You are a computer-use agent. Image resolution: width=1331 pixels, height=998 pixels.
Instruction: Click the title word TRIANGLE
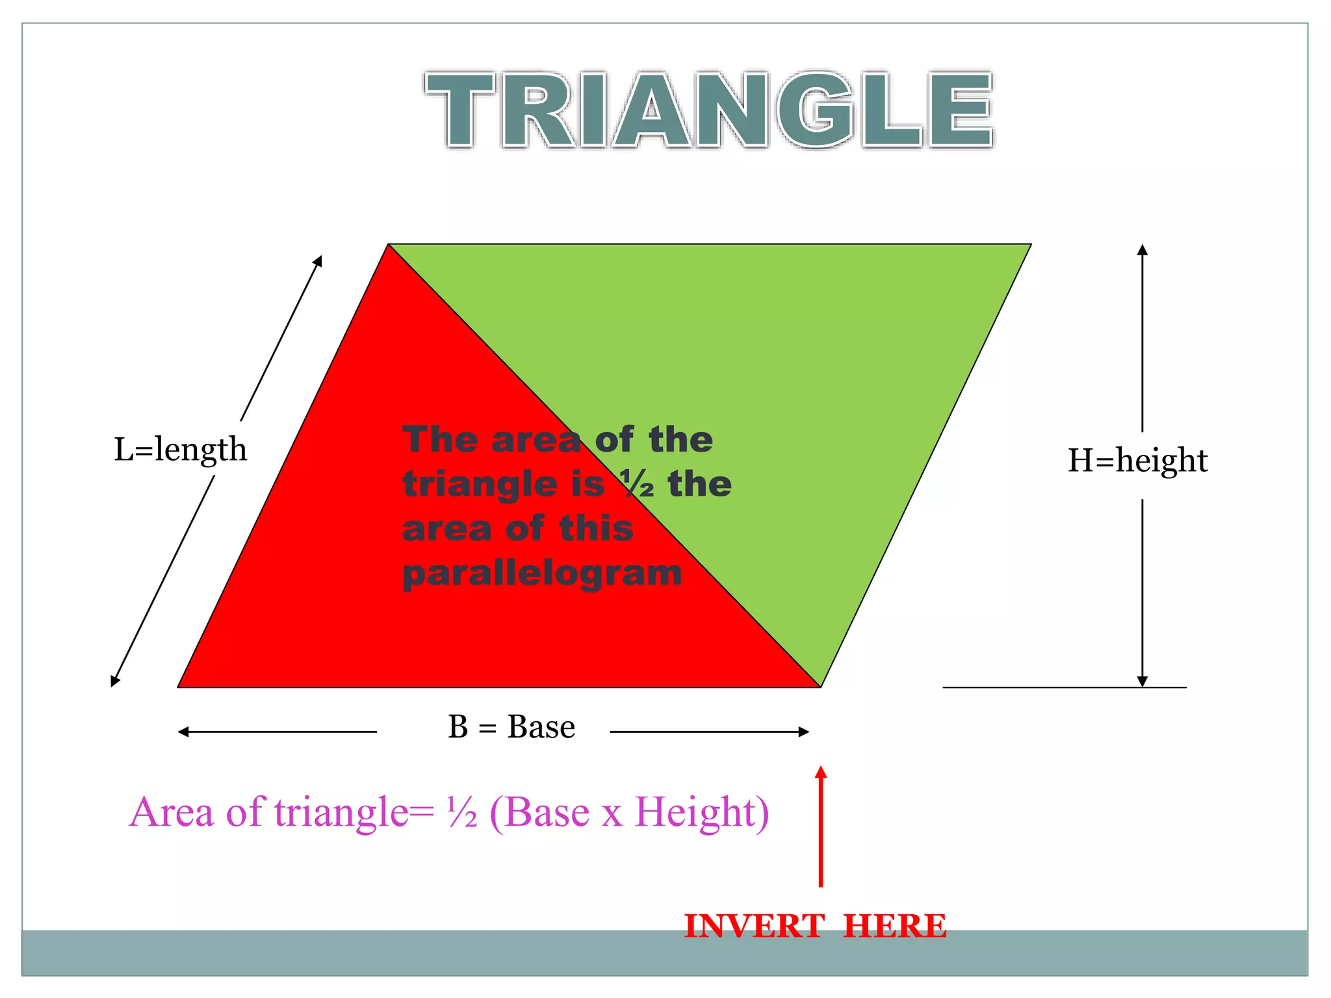[709, 109]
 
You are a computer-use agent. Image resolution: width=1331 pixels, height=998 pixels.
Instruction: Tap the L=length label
[180, 449]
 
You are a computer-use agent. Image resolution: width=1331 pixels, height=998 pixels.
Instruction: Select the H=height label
[1137, 460]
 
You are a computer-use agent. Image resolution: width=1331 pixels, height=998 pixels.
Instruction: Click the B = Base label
[511, 726]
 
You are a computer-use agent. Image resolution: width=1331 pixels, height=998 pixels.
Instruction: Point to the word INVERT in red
[754, 925]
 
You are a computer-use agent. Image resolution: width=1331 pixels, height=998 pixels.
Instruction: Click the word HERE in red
[894, 925]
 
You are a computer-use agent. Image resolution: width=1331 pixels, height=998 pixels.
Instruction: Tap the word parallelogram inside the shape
[542, 573]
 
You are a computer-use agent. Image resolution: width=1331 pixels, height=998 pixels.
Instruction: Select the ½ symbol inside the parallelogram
[636, 484]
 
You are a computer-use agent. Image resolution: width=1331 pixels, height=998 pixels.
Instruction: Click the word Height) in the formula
[702, 812]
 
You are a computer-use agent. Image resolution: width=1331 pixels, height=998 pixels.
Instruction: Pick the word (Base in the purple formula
[539, 812]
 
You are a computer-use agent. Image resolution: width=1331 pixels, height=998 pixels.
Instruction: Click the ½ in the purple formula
[462, 812]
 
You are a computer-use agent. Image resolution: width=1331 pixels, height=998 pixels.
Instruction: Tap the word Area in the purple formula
[172, 812]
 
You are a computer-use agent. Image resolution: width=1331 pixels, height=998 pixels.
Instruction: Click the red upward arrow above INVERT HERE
[821, 825]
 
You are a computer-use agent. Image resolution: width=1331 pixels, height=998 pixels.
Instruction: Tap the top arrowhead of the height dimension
[1143, 249]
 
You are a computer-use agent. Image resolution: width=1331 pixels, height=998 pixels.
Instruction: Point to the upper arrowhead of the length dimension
[318, 261]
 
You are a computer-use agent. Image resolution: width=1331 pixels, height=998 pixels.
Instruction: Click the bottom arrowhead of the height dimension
[1143, 682]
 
